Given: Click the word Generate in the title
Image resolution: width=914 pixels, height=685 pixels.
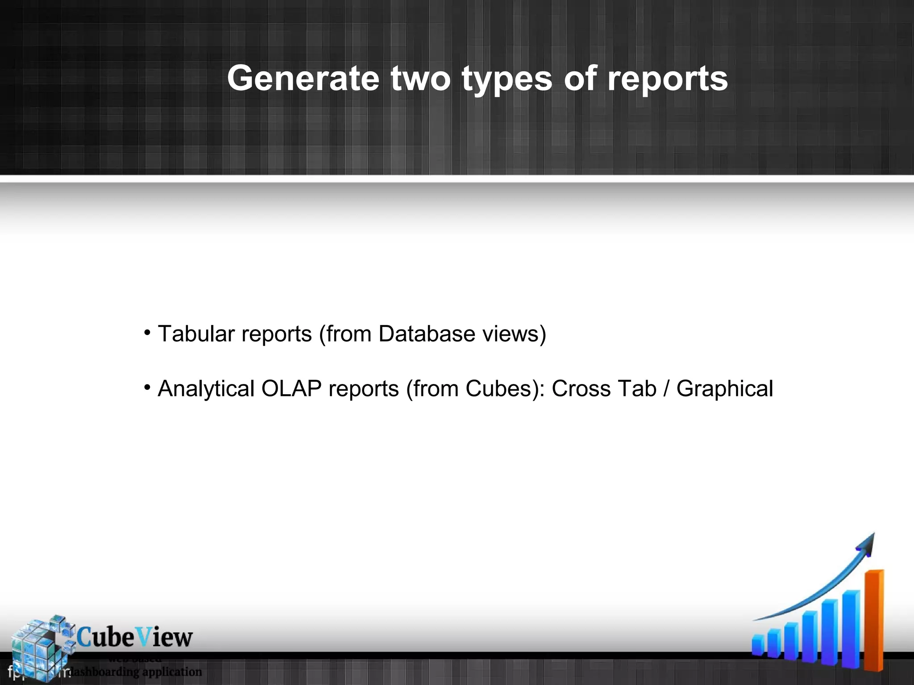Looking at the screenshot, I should point(303,78).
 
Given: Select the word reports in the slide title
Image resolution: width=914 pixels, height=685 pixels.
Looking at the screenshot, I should point(668,79).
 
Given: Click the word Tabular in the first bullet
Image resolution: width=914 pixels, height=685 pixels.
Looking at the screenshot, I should point(196,334).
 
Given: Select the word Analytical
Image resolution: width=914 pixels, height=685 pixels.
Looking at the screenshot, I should point(206,388).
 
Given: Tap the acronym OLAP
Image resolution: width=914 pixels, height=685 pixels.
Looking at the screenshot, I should point(291,388).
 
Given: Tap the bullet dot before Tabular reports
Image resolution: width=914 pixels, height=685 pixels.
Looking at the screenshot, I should point(147,333).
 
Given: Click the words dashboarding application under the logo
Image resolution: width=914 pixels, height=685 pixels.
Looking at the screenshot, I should point(136,671).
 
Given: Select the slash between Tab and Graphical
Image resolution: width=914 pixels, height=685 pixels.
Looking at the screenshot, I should point(666,388).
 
